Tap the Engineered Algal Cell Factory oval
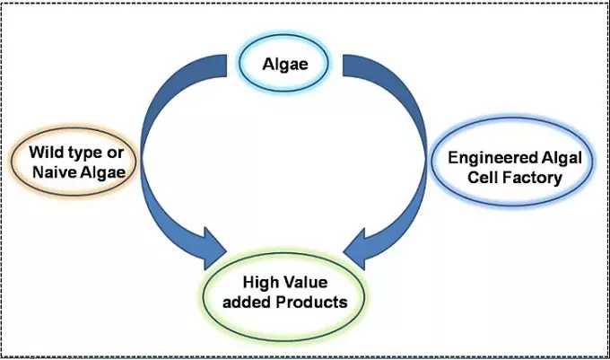[507, 167]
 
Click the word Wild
[46, 153]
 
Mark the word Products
[312, 302]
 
